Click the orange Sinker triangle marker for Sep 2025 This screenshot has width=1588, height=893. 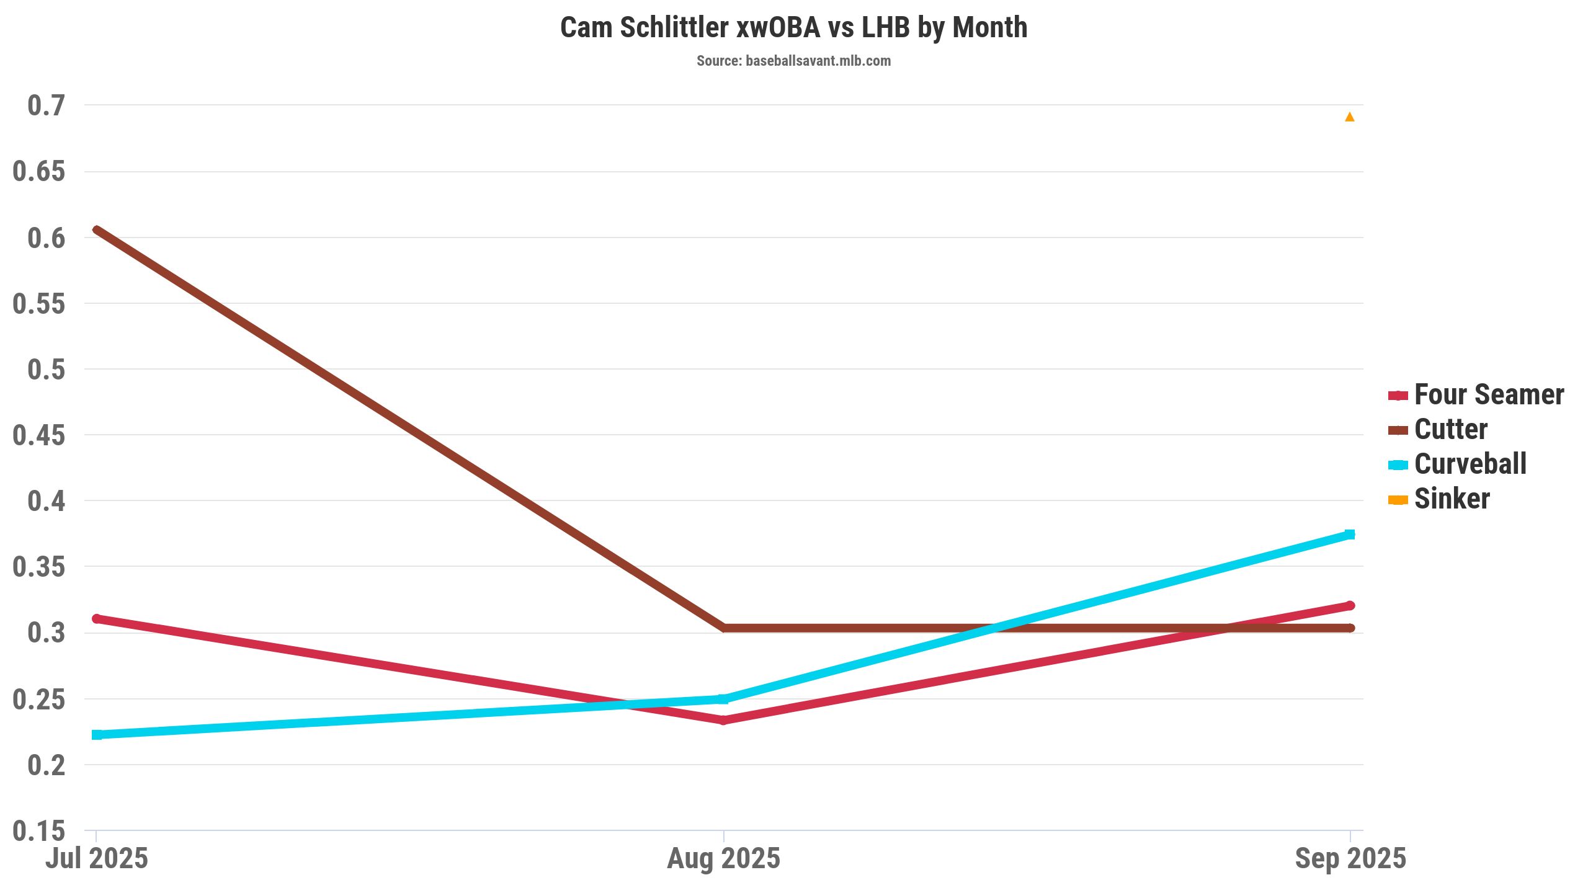(1349, 117)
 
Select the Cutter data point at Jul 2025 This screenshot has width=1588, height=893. (97, 230)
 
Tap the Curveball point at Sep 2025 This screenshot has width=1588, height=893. (1349, 535)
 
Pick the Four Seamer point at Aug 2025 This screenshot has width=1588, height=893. (723, 720)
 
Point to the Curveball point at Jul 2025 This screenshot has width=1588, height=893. (97, 735)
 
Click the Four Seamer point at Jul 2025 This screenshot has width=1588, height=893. (97, 619)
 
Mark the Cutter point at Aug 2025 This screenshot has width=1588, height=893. (723, 628)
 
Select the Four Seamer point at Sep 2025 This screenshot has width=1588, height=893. (1349, 606)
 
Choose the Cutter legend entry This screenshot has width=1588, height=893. (1450, 430)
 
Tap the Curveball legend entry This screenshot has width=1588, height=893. (1470, 464)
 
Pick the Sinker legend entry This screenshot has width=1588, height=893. (1452, 499)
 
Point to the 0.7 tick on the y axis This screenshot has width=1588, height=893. (46, 105)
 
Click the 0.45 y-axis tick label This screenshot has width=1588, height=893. (38, 435)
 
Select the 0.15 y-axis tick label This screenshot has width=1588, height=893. (38, 831)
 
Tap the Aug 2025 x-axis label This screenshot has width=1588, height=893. (723, 859)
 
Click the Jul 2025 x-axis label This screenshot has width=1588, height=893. (97, 859)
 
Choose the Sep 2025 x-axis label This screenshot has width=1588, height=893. (1350, 859)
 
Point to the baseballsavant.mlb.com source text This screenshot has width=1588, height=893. (818, 61)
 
